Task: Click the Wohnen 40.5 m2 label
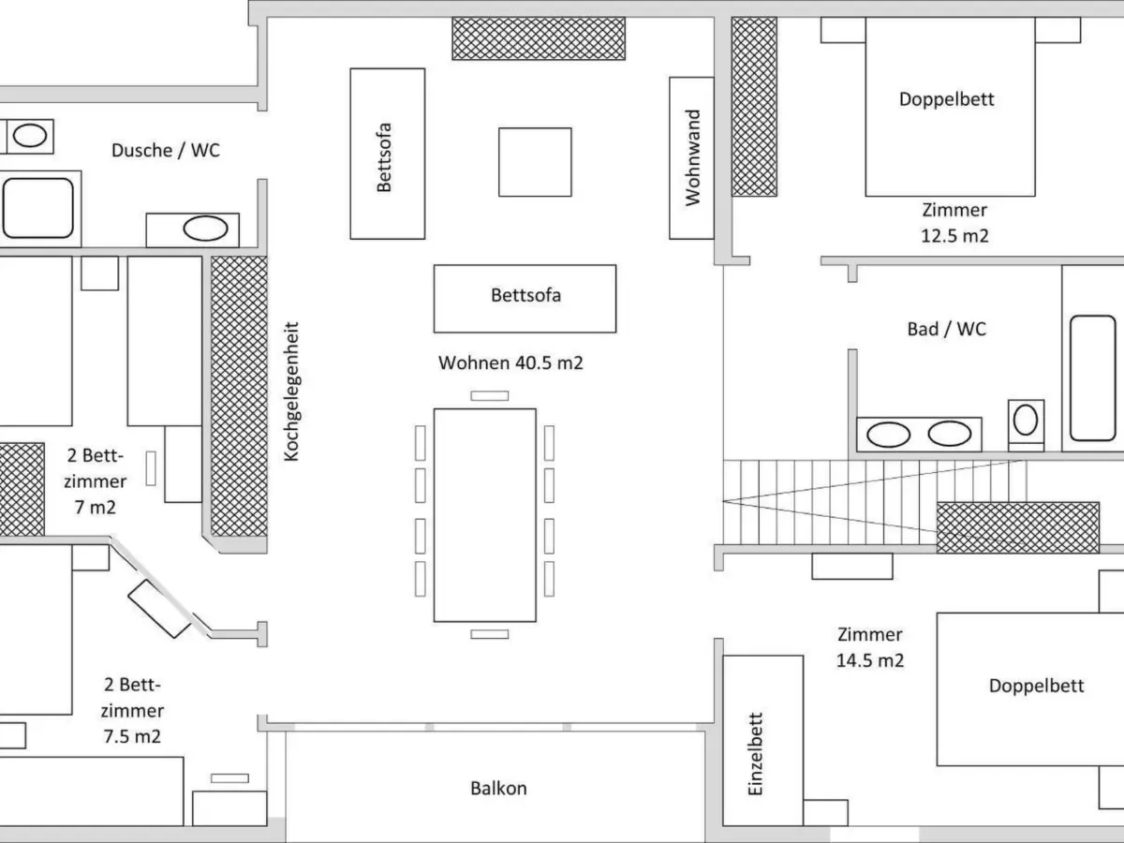click(510, 362)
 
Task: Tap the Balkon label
click(498, 788)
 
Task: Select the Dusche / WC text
click(165, 150)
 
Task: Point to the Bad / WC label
click(946, 329)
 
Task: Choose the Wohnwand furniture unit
click(692, 157)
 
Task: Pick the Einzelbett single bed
click(762, 740)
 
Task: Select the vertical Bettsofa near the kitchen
click(387, 153)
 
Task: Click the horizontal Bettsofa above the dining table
click(525, 298)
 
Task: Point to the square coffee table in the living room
click(534, 162)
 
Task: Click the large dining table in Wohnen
click(484, 514)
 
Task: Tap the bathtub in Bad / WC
click(1092, 377)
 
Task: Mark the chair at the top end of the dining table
click(489, 395)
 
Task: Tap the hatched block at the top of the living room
click(538, 38)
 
